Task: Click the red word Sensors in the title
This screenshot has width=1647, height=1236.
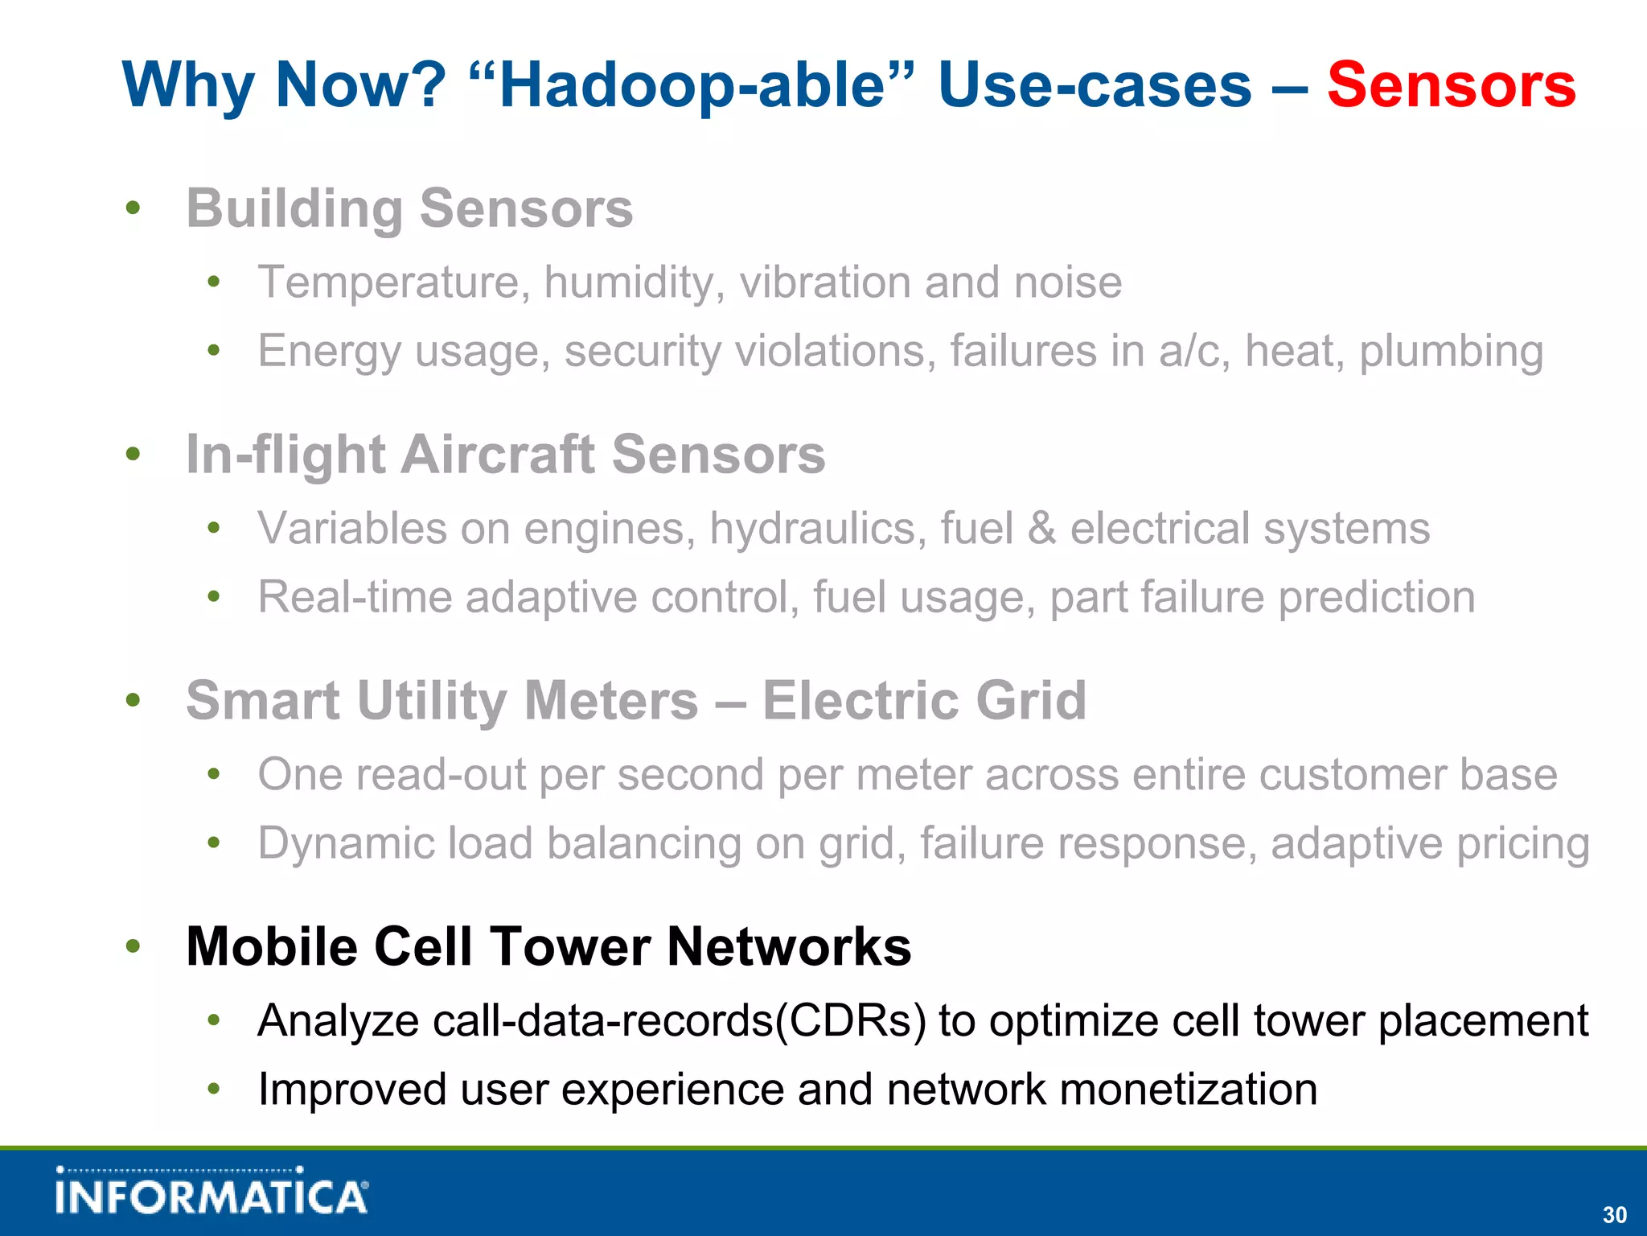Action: click(1451, 85)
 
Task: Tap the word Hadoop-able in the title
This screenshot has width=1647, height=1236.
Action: click(692, 85)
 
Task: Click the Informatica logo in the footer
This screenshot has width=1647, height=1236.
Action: click(212, 1191)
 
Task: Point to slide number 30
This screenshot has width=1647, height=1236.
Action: click(1614, 1214)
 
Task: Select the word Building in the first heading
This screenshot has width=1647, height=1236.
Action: click(294, 209)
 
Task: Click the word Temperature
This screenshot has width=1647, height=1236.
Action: click(394, 283)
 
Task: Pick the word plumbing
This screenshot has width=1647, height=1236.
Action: click(1451, 352)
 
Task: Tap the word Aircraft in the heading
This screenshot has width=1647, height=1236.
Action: click(497, 455)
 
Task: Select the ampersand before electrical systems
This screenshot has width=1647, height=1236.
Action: click(1041, 529)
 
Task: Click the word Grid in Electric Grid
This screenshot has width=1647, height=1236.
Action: click(1031, 700)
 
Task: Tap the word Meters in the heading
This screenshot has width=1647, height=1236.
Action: click(611, 700)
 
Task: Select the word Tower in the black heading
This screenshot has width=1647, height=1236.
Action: click(569, 946)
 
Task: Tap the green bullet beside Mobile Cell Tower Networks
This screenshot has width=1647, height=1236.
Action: click(133, 946)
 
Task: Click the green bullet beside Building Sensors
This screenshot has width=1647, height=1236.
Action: click(133, 208)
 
